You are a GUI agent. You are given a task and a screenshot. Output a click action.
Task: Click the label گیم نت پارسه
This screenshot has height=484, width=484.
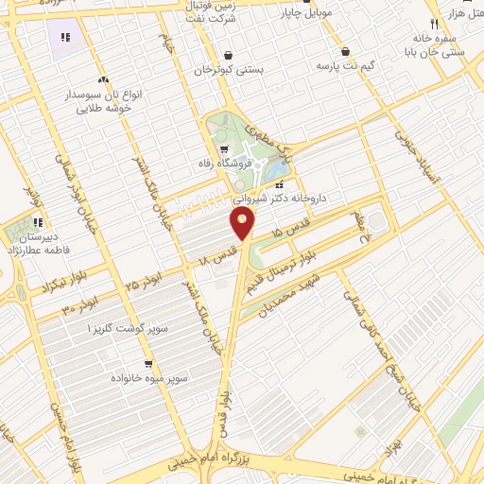362,65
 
